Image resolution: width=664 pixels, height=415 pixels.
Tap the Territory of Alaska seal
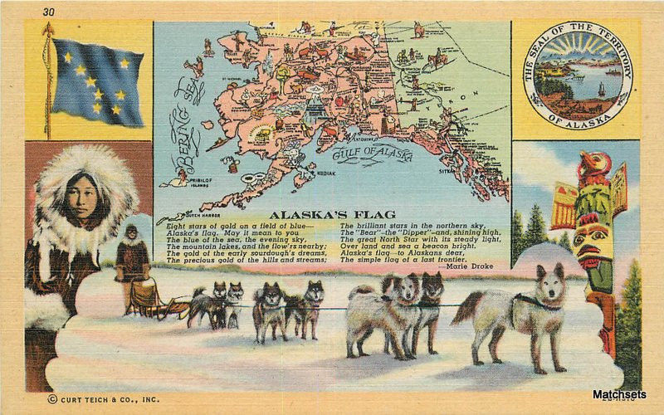[577, 75]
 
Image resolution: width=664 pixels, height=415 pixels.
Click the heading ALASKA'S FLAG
[332, 214]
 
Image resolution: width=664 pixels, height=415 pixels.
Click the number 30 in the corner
[47, 12]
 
